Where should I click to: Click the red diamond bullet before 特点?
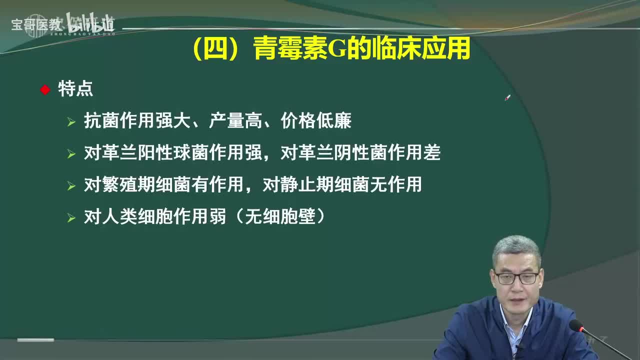point(45,90)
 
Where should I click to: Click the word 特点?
point(75,89)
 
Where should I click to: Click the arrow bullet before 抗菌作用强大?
point(71,122)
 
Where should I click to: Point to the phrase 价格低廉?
point(316,121)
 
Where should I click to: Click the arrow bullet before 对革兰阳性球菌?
point(71,154)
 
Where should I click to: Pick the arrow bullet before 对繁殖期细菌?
point(71,186)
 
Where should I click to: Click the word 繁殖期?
point(128,185)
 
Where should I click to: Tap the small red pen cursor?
point(507,98)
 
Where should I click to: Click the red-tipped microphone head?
point(576,325)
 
